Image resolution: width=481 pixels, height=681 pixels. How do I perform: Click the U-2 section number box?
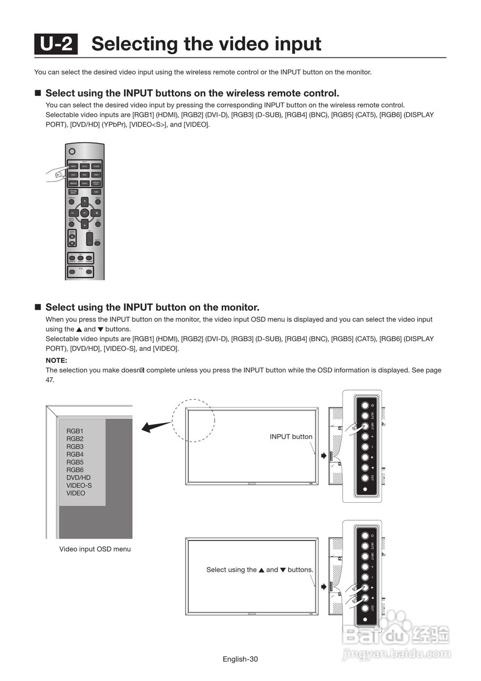coord(56,44)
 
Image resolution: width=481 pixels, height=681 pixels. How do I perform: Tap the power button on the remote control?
coord(72,152)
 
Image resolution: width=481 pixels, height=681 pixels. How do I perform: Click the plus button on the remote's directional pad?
coord(96,213)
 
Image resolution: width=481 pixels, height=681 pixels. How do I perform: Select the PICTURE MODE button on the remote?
coord(73,192)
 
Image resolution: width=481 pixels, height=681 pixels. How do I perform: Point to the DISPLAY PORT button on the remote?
coord(96,183)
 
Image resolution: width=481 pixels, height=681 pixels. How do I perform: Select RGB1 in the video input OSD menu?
coord(75,431)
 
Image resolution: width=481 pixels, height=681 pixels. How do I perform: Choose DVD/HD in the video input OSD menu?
coord(78,478)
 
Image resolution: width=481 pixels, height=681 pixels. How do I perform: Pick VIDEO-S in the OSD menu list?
coord(79,485)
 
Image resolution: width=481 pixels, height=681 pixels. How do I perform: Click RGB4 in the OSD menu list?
coord(75,454)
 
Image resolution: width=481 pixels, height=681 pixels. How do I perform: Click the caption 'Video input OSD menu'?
coord(95,549)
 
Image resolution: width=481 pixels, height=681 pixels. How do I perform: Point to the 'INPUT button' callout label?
coord(291,437)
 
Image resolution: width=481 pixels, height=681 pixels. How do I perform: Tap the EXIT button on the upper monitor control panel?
coord(365,478)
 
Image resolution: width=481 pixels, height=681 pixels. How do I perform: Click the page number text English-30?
coord(240,659)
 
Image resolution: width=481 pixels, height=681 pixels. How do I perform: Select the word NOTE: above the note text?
coord(56,360)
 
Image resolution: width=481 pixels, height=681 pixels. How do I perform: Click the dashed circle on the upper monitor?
coord(193,420)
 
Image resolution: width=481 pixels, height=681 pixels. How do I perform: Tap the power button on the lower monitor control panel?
coord(365,535)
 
